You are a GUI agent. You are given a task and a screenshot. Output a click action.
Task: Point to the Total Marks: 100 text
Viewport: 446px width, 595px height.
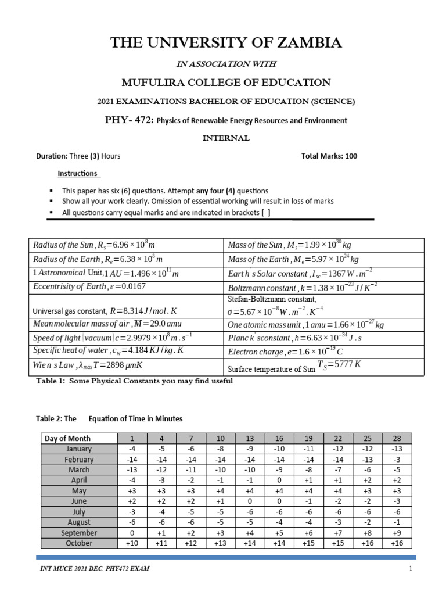(x=329, y=156)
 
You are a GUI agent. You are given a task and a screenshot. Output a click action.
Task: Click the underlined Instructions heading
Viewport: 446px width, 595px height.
(x=78, y=174)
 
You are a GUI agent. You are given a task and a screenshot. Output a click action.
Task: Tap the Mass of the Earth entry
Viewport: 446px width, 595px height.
(x=293, y=259)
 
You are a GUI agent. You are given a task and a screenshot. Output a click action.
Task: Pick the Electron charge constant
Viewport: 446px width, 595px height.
(x=285, y=352)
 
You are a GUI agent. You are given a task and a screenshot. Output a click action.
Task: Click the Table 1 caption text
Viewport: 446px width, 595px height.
(x=134, y=381)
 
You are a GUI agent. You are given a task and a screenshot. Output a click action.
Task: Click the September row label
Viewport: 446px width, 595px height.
(x=79, y=533)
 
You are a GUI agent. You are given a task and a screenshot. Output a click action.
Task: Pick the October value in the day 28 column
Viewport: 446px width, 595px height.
(x=397, y=543)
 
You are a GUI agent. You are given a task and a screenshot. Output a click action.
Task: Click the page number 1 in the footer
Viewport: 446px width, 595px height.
(x=410, y=569)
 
